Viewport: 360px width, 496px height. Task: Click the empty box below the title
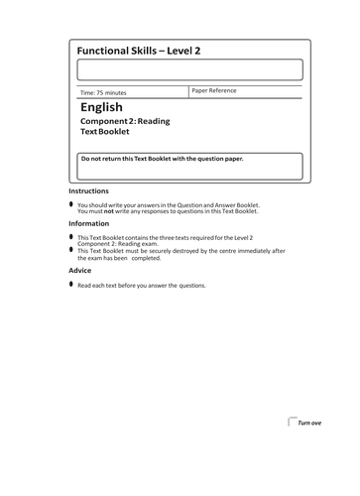click(189, 69)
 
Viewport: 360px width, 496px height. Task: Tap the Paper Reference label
click(214, 90)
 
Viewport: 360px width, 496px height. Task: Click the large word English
click(101, 107)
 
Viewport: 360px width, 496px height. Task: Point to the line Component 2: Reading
click(125, 121)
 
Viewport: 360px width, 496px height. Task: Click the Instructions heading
click(89, 190)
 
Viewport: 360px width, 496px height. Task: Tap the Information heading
click(89, 224)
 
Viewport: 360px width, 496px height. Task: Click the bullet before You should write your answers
click(70, 203)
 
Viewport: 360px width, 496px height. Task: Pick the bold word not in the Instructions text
click(108, 211)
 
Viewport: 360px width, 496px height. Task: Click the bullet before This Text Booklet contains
click(70, 237)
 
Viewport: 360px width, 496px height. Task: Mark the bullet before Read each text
click(70, 284)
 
